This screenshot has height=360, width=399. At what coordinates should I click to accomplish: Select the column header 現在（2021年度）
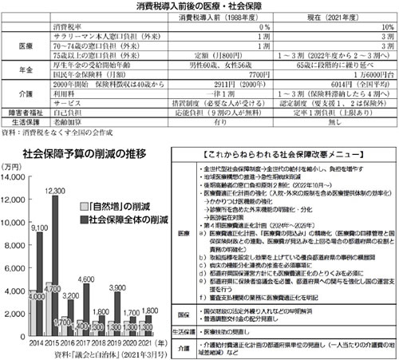point(319,17)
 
